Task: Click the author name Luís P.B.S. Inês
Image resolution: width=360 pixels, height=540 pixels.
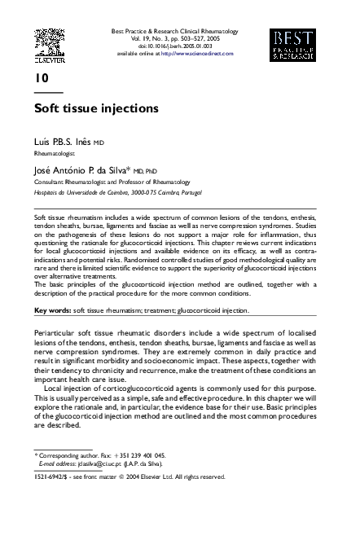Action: click(63, 141)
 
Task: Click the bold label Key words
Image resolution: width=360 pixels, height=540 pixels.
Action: click(52, 310)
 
